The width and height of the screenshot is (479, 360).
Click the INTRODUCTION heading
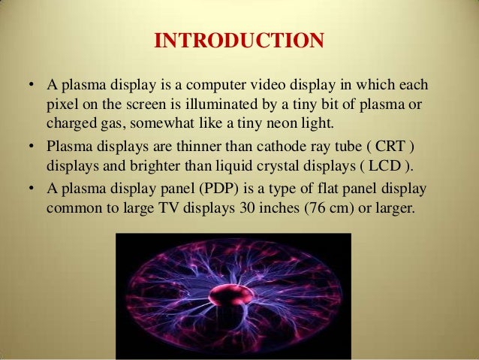coord(239,39)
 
